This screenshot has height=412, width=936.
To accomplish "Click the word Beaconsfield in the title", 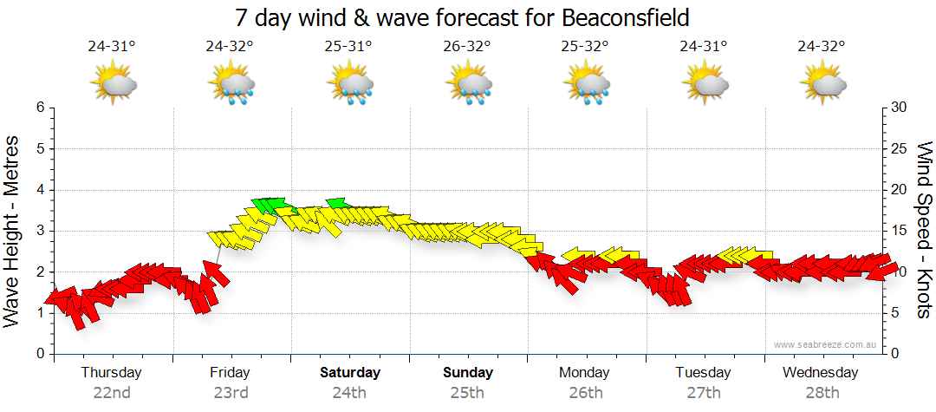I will [x=616, y=18].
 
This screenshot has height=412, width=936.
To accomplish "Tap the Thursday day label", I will [x=111, y=372].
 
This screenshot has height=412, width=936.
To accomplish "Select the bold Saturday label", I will [x=350, y=372].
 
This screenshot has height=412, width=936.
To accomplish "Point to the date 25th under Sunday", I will [x=467, y=392].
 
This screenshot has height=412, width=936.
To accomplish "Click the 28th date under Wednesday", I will [x=822, y=392].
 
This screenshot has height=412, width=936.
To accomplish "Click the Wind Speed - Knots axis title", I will [x=923, y=230].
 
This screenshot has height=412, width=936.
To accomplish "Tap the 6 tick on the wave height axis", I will [x=40, y=108].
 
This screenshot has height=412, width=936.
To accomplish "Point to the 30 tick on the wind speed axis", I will [x=899, y=108].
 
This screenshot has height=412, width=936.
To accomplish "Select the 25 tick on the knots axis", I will [x=899, y=148].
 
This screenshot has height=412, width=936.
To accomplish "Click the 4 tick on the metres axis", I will [x=40, y=190].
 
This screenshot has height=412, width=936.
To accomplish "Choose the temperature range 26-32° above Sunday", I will [x=467, y=48].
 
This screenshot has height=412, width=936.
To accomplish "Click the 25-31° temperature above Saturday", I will [x=348, y=48].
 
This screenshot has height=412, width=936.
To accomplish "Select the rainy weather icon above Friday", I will [x=231, y=85].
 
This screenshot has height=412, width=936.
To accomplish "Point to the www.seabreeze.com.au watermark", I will [x=825, y=344].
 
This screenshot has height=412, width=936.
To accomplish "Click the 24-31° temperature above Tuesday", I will [x=704, y=48].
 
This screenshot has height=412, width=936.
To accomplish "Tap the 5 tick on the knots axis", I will [x=895, y=313].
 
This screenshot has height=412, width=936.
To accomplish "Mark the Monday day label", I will [x=585, y=372].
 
